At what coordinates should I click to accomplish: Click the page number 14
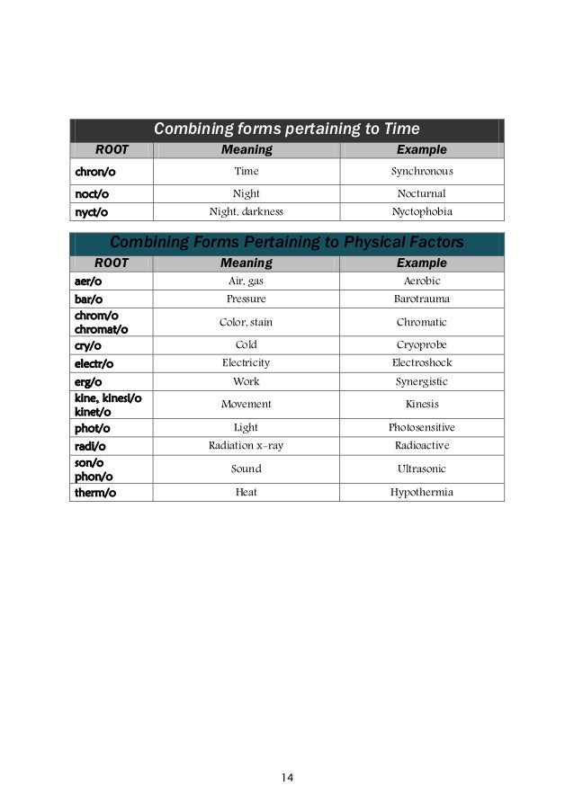[288, 778]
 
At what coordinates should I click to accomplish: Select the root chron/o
[93, 170]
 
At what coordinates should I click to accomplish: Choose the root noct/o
[91, 193]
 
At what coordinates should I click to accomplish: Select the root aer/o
[87, 281]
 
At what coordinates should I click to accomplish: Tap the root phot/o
[91, 428]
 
